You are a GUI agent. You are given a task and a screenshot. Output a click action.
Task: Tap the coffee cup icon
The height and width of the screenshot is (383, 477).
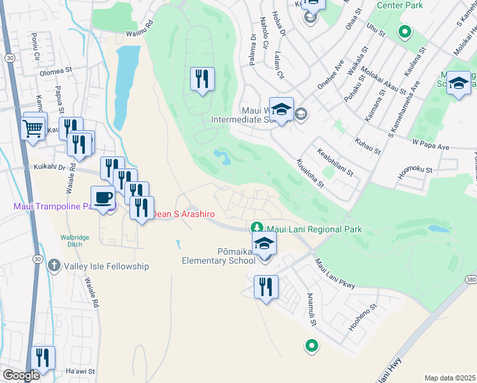(103, 199)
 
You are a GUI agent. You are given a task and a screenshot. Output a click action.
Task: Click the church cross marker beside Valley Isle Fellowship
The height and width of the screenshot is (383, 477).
(55, 266)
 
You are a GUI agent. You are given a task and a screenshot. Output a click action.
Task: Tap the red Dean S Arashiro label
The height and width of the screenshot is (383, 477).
(182, 214)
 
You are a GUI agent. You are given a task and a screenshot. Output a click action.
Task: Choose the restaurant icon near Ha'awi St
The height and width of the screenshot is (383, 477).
(43, 358)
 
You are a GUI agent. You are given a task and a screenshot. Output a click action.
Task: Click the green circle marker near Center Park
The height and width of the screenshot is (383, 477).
(404, 31)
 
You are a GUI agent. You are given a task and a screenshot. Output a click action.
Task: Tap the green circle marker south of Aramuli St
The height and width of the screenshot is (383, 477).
(311, 346)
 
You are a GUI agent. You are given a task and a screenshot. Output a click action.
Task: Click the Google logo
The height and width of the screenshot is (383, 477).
(21, 375)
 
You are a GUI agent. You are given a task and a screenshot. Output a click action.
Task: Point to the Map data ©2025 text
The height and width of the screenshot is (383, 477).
(450, 378)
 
